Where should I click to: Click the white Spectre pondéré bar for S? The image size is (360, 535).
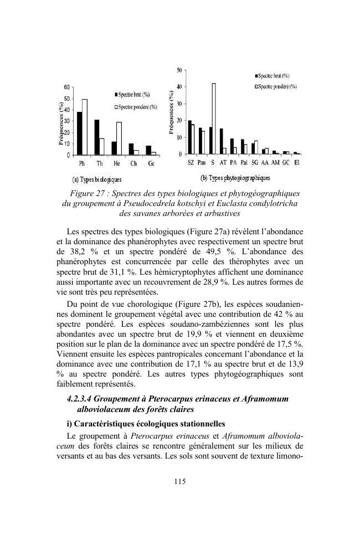tap(213, 119)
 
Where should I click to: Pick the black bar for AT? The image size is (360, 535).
tap(221, 141)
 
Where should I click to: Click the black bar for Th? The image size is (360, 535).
tap(96, 137)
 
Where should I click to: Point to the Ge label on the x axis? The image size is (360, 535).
tap(151, 164)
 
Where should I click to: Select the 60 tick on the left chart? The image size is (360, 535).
tap(66, 88)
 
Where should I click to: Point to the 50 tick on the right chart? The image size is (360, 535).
tap(179, 70)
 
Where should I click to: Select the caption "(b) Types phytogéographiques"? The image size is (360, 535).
tap(235, 177)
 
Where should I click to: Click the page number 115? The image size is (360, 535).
tap(180, 481)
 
